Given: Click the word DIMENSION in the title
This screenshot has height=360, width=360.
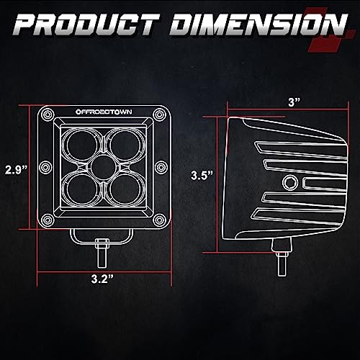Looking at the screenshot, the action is [258, 24].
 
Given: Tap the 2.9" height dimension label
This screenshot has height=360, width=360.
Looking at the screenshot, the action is [17, 170].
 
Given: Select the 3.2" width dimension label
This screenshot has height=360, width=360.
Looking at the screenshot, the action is [102, 279].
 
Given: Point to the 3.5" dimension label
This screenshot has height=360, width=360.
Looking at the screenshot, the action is [202, 175].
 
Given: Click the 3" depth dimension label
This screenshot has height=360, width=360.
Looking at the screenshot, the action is [294, 103].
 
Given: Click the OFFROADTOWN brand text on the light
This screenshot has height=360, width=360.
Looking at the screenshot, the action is [104, 112].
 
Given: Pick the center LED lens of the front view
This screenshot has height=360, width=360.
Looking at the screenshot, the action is [104, 166].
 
